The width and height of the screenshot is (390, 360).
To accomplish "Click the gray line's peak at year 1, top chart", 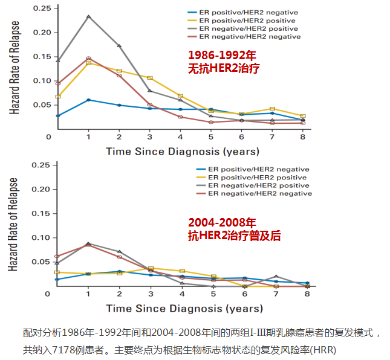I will click(x=89, y=16).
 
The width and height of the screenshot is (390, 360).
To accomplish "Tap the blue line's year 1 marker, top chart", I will click(x=89, y=100).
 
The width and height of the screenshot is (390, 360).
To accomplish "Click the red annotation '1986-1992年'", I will click(x=221, y=54).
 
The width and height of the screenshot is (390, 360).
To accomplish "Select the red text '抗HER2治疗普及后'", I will click(x=235, y=236).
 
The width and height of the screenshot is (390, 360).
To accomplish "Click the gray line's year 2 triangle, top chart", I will click(x=119, y=46).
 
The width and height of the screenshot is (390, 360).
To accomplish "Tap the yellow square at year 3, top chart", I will click(x=150, y=78).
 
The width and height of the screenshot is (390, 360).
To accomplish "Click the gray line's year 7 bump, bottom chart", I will click(x=276, y=276).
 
